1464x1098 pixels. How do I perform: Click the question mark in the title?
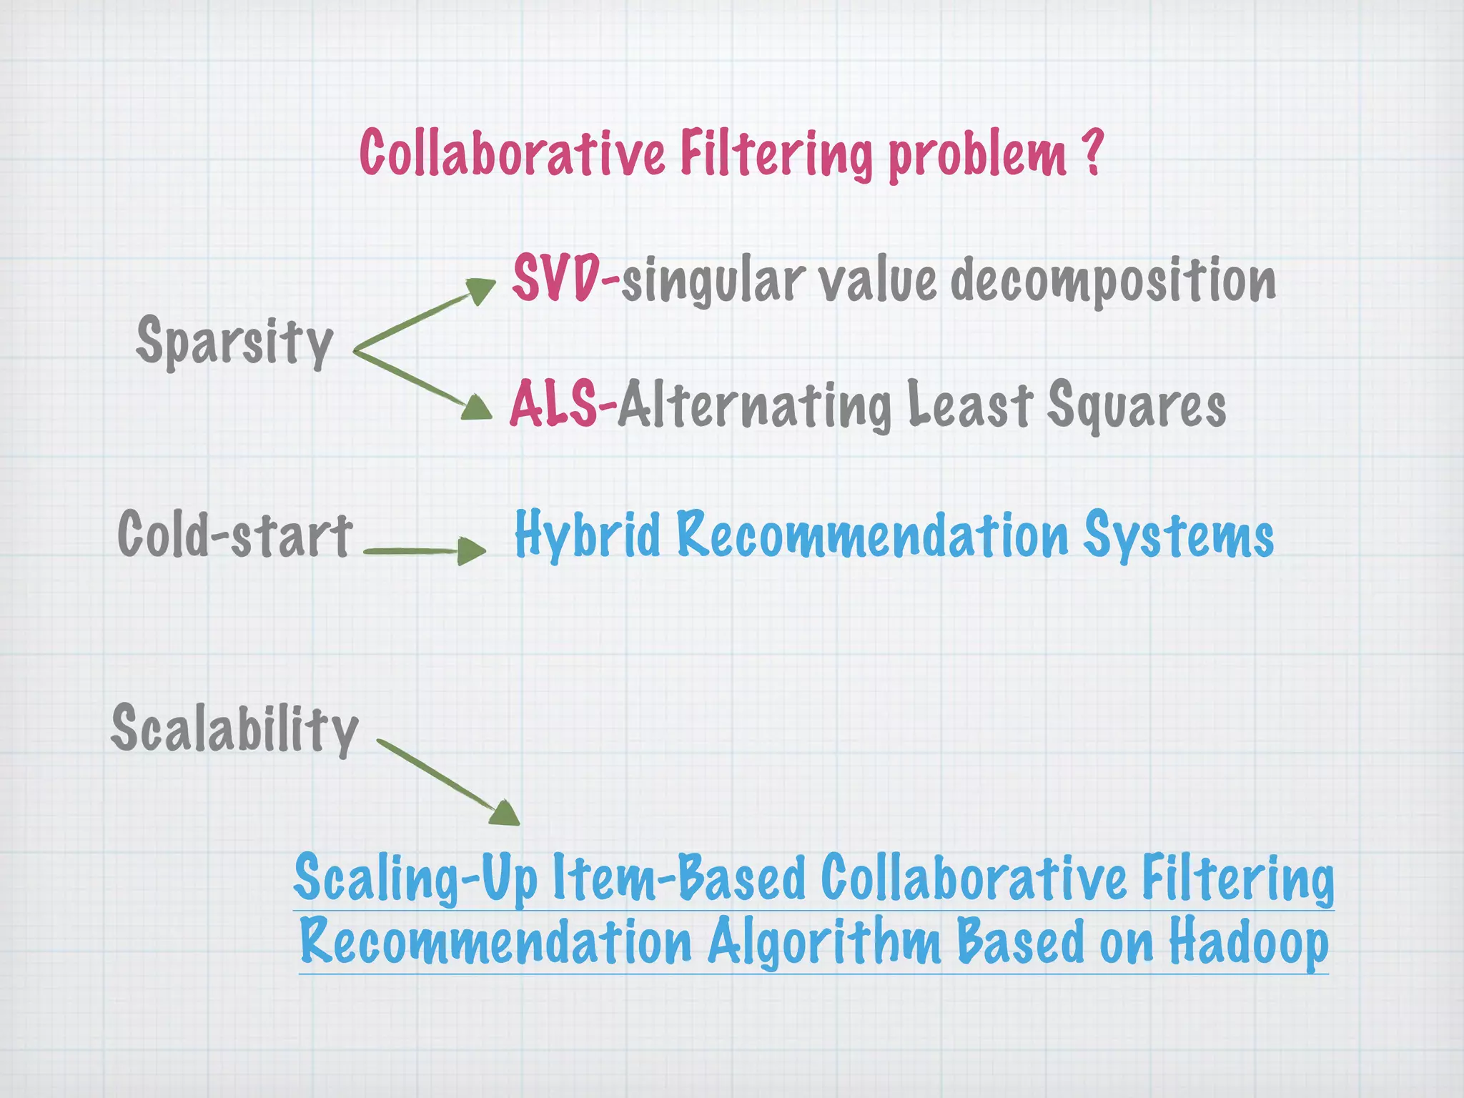pyautogui.click(x=1091, y=152)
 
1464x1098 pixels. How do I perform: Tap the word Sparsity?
pyautogui.click(x=234, y=342)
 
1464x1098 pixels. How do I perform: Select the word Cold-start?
pyautogui.click(x=234, y=535)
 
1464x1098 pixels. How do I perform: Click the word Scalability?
pyautogui.click(x=234, y=729)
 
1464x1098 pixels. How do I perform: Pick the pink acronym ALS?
pyautogui.click(x=553, y=405)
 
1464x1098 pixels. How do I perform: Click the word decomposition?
pyautogui.click(x=1112, y=281)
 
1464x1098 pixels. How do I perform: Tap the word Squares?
pyautogui.click(x=1137, y=406)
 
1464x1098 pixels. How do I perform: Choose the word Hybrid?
pyautogui.click(x=588, y=535)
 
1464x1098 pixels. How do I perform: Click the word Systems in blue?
pyautogui.click(x=1178, y=536)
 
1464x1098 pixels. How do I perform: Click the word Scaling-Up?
pyautogui.click(x=415, y=879)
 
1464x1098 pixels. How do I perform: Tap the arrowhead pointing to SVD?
pyautogui.click(x=480, y=290)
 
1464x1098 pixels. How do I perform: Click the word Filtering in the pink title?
pyautogui.click(x=776, y=153)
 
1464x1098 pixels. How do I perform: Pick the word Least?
pyautogui.click(x=969, y=405)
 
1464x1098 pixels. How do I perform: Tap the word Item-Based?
pyautogui.click(x=679, y=879)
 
